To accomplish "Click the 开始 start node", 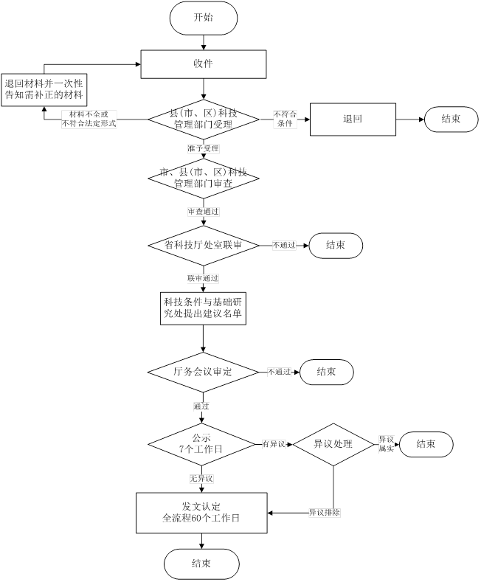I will click(203, 18).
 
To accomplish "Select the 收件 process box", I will click(203, 63).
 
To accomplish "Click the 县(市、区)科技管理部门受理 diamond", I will click(202, 119).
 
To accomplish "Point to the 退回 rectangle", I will click(353, 119).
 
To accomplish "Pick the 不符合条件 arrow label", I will click(284, 119).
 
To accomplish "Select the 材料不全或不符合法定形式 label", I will click(89, 119).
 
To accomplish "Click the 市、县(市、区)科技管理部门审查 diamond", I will click(202, 178).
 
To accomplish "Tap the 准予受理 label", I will click(202, 148).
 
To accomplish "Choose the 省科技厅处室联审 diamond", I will click(202, 244).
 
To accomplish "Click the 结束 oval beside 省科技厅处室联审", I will click(336, 244).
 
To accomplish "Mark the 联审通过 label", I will click(202, 278).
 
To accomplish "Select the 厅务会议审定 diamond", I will click(202, 373).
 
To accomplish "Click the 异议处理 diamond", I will click(333, 444).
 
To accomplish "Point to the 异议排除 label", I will click(325, 512).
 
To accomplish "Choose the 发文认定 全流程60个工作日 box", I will click(202, 512).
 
